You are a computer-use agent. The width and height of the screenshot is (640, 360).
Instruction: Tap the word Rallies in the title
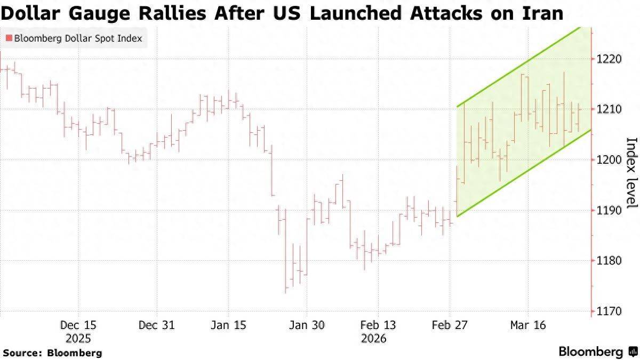point(177,12)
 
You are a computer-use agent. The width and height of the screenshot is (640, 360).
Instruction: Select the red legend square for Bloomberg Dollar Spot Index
point(8,38)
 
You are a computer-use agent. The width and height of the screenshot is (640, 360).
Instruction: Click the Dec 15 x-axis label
point(78,325)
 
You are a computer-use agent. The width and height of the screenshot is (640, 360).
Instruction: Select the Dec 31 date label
point(156,325)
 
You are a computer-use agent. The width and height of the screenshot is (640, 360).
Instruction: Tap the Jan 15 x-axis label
point(228,325)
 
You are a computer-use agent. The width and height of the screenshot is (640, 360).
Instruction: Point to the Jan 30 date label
point(306,325)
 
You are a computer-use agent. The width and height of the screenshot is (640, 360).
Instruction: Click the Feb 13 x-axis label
point(378,325)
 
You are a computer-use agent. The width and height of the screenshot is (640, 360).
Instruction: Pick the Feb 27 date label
point(450,325)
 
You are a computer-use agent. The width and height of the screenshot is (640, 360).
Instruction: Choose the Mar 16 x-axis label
point(528,325)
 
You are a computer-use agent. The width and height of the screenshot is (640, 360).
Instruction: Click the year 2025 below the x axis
point(78,339)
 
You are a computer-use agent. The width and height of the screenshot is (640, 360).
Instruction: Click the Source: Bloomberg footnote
point(52,353)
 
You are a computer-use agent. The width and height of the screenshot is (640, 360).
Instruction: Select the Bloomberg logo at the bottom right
point(597,351)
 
